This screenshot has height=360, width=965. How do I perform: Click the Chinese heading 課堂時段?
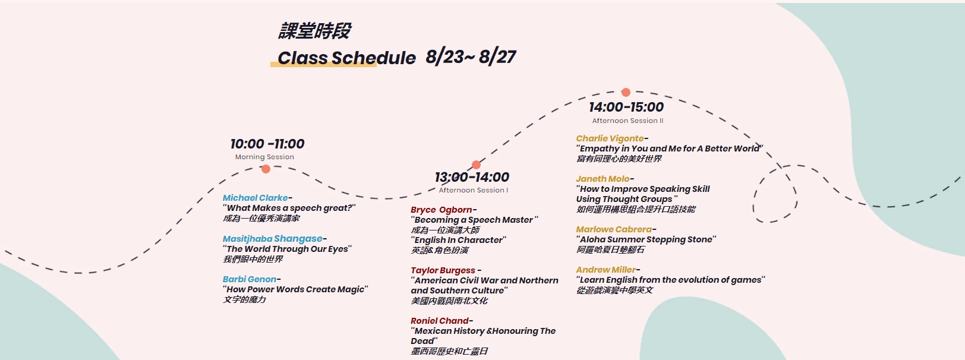pyautogui.click(x=314, y=31)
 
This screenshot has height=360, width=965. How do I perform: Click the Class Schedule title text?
pyautogui.click(x=346, y=58)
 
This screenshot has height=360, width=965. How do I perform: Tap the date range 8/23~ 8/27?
pyautogui.click(x=471, y=57)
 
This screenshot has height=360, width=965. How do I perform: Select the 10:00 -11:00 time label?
pyautogui.click(x=267, y=144)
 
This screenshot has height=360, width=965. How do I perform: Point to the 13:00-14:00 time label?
pyautogui.click(x=472, y=177)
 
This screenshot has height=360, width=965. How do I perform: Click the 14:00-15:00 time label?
pyautogui.click(x=626, y=107)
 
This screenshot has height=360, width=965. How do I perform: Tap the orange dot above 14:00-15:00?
pyautogui.click(x=626, y=92)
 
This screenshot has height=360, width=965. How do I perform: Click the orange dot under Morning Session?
pyautogui.click(x=266, y=169)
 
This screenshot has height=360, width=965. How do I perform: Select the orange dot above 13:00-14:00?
pyautogui.click(x=476, y=165)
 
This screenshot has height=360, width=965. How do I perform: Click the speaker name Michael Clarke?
pyautogui.click(x=255, y=198)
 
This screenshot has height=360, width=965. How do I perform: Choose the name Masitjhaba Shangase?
pyautogui.click(x=272, y=239)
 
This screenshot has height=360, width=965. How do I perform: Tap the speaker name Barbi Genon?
pyautogui.click(x=250, y=279)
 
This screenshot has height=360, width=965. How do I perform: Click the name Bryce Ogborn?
pyautogui.click(x=441, y=210)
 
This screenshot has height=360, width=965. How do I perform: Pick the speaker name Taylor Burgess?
pyautogui.click(x=443, y=270)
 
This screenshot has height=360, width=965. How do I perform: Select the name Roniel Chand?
pyautogui.click(x=440, y=321)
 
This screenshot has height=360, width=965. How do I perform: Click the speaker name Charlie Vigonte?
pyautogui.click(x=610, y=138)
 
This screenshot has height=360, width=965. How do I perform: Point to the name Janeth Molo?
pyautogui.click(x=603, y=179)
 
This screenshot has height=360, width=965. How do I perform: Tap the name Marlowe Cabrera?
pyautogui.click(x=614, y=229)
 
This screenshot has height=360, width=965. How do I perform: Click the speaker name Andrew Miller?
pyautogui.click(x=606, y=270)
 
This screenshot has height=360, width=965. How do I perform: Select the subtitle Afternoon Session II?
pyautogui.click(x=627, y=121)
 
